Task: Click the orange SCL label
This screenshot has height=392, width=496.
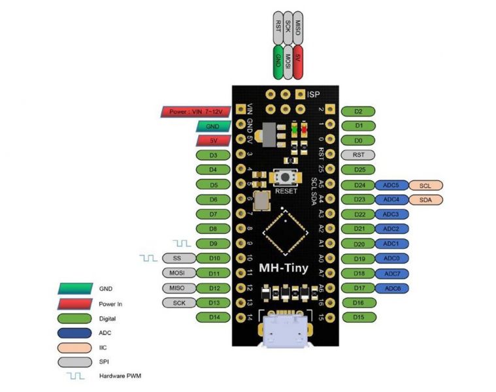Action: [425, 185]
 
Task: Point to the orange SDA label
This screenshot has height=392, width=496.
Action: [425, 199]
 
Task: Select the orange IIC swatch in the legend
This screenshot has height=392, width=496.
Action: [73, 348]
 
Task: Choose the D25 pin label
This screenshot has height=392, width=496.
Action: [357, 170]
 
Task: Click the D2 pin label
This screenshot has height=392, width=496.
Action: [357, 111]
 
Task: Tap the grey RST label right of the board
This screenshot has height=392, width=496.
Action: [357, 155]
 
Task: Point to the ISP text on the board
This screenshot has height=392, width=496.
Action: [315, 95]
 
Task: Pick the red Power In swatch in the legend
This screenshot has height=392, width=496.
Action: [73, 303]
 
